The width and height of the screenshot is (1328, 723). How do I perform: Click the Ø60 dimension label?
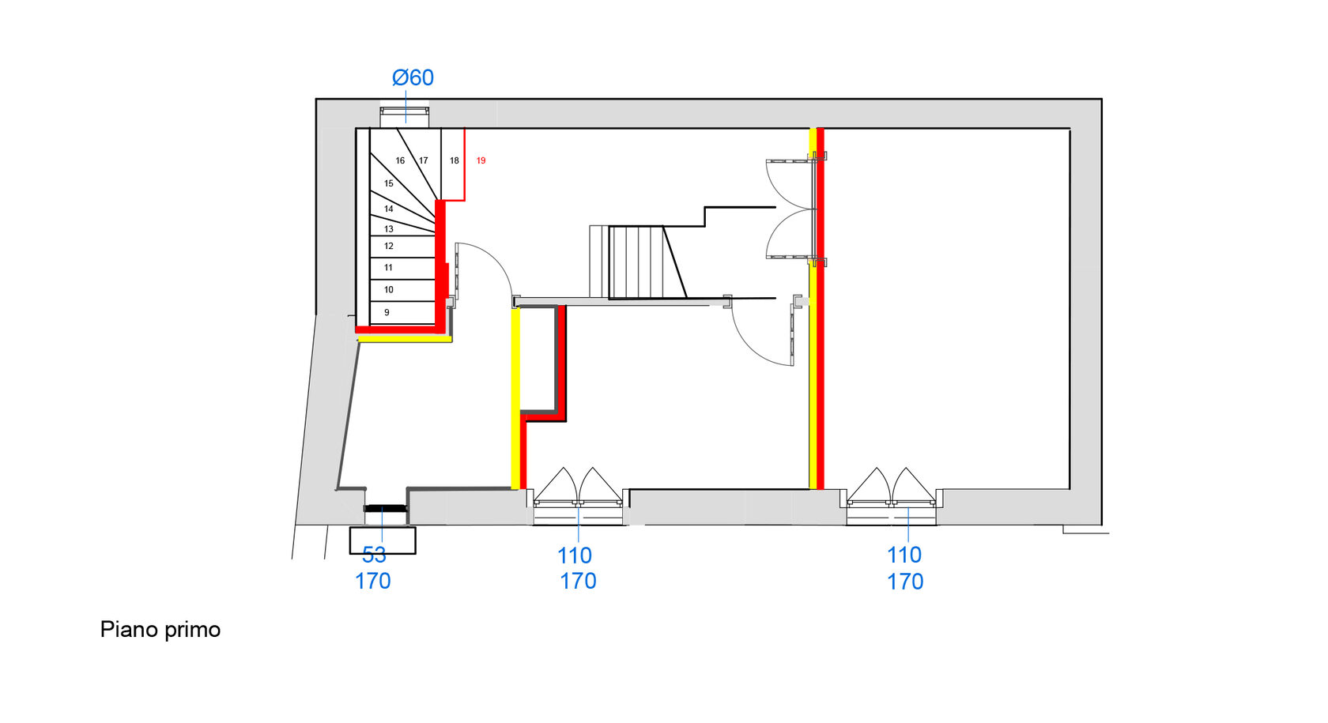click(x=413, y=77)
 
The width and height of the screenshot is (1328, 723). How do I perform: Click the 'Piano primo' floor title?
click(x=160, y=630)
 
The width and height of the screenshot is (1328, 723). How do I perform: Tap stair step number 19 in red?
click(x=481, y=161)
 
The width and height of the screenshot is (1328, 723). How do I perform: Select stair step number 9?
click(x=387, y=313)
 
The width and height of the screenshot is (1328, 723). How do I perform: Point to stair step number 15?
click(x=388, y=183)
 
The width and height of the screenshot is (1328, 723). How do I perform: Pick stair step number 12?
click(x=388, y=247)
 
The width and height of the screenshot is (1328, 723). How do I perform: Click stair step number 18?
click(x=454, y=161)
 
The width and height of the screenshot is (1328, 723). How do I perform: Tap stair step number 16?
click(x=400, y=161)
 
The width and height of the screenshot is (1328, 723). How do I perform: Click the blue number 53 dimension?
click(x=374, y=555)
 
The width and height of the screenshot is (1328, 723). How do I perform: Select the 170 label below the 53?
click(x=372, y=582)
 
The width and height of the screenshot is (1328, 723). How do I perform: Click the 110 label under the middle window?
click(x=575, y=555)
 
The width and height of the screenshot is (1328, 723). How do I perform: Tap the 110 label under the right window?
click(x=904, y=555)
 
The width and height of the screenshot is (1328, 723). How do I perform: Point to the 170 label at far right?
click(x=905, y=582)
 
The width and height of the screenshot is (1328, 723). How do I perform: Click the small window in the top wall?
click(x=405, y=117)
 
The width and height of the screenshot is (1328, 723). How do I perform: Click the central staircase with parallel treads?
click(x=637, y=262)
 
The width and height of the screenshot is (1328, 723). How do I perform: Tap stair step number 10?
click(x=388, y=290)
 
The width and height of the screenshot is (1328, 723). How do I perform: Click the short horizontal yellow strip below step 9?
click(x=405, y=339)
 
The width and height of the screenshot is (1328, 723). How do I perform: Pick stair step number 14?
click(x=388, y=209)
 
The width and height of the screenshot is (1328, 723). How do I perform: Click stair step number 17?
click(x=424, y=161)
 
